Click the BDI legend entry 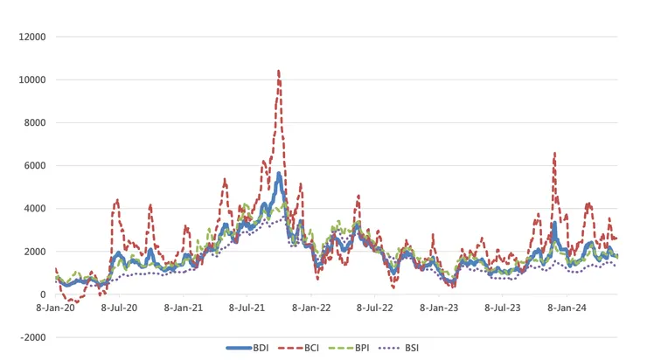(x=247, y=348)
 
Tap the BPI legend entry (x=358, y=348)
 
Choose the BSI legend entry (x=411, y=348)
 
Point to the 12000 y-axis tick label (x=32, y=37)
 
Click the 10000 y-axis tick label (x=32, y=80)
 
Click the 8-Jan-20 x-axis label (x=57, y=308)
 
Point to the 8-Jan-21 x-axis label (x=184, y=308)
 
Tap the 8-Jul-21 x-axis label (x=248, y=308)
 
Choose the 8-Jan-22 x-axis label (x=312, y=308)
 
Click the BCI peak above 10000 (x=278, y=71)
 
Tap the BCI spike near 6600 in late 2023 (x=554, y=153)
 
